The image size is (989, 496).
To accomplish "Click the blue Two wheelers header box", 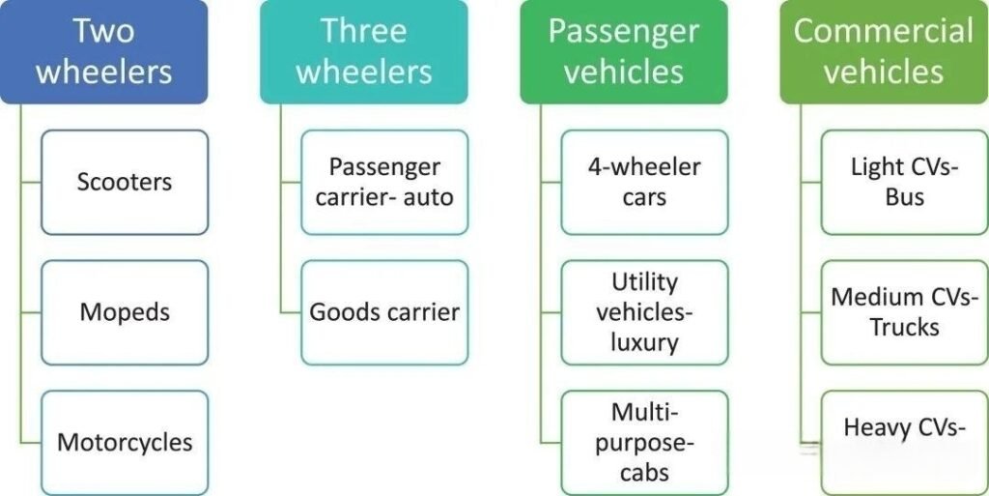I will (x=103, y=51).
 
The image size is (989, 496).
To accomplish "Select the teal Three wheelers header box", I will (x=363, y=51).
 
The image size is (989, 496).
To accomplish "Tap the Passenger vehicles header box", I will (x=623, y=51).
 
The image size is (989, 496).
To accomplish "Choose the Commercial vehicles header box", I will (x=884, y=51).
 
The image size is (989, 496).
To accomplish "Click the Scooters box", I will (x=124, y=182).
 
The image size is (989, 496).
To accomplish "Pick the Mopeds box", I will (x=124, y=312).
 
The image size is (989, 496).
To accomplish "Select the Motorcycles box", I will (x=124, y=442).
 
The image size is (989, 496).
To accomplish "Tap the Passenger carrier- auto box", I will (x=384, y=182).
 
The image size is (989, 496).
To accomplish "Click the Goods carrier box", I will (x=384, y=312).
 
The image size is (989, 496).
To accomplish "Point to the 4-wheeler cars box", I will (x=644, y=182).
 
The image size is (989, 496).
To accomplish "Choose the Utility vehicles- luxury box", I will (x=644, y=312).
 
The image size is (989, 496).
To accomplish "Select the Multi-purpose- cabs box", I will (x=644, y=442).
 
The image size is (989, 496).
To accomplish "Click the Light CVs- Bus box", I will (x=904, y=182).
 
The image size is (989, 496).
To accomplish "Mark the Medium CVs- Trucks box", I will (x=904, y=312).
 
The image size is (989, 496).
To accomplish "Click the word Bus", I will (x=904, y=197).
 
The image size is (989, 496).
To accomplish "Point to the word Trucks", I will (x=904, y=327).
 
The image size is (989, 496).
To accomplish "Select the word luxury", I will (x=644, y=342).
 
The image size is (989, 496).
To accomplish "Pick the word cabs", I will (x=644, y=473).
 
